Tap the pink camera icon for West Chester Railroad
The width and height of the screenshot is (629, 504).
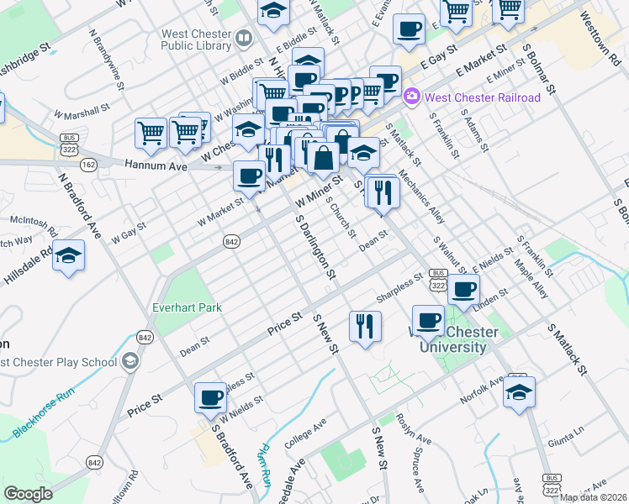[412, 97]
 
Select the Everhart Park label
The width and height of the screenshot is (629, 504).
[187, 307]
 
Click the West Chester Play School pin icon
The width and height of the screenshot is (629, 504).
[129, 362]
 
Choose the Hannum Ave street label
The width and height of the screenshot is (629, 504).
[156, 166]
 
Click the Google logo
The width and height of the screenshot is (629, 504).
[28, 493]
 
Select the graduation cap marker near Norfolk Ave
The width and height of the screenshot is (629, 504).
[520, 392]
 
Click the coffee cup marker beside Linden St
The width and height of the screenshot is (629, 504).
[463, 290]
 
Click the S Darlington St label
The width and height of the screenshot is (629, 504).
[316, 246]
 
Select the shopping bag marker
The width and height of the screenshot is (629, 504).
[324, 156]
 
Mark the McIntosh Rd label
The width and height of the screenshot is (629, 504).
[34, 224]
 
